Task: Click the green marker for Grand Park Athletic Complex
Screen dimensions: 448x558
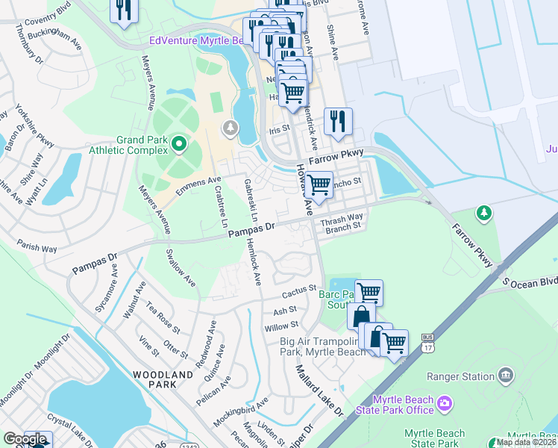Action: (x=178, y=142)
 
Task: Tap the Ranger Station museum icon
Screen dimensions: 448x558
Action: (x=506, y=373)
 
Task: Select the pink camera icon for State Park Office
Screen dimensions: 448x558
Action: (x=445, y=404)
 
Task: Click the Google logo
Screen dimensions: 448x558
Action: (x=25, y=438)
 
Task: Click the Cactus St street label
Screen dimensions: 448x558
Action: (x=300, y=287)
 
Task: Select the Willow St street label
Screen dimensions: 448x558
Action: (x=281, y=326)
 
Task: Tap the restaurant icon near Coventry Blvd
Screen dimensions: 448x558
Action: (x=123, y=10)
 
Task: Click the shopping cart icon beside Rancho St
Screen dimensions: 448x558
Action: (x=319, y=184)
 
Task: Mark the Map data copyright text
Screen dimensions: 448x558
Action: (x=526, y=441)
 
